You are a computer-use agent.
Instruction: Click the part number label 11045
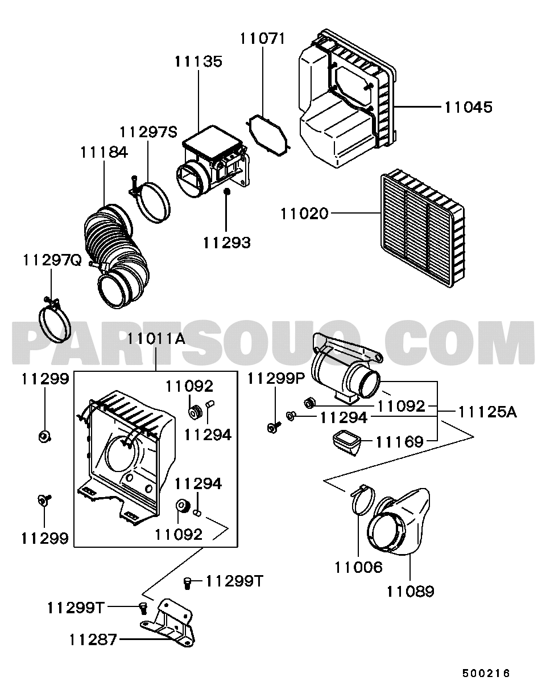point(468,106)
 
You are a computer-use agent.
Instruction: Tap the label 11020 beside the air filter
point(304,214)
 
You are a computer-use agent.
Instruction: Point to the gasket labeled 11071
point(268,134)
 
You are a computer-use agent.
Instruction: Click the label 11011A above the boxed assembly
point(156,339)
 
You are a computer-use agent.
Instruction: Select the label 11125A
point(487,411)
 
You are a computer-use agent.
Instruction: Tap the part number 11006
point(358,567)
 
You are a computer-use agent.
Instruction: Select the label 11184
point(104,152)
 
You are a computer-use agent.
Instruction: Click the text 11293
point(226,243)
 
